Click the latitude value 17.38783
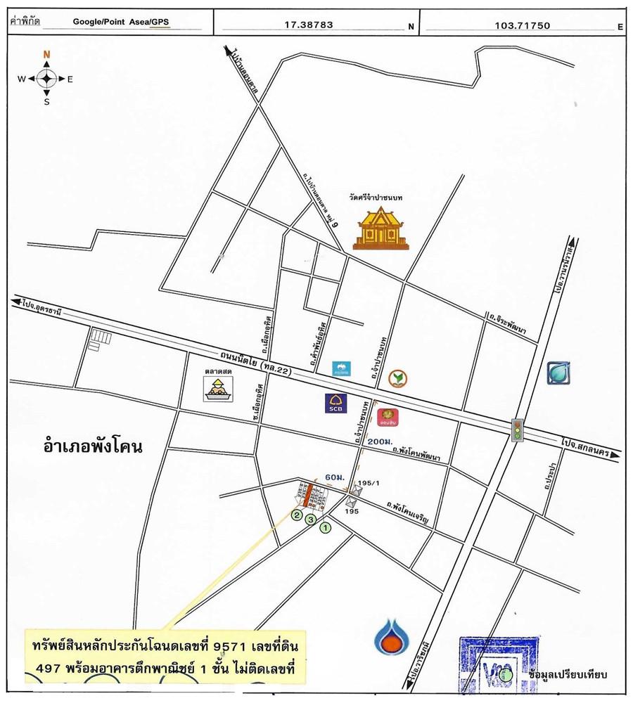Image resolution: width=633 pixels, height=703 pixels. coord(308,25)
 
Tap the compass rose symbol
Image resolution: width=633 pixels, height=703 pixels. coord(46,78)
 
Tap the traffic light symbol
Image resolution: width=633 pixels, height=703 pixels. coord(518,430)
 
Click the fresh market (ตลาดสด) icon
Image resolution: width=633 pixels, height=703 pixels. coord(218,388)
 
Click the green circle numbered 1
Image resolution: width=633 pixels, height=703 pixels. coord(325,527)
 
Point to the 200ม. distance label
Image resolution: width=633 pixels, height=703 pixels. coord(378,441)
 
